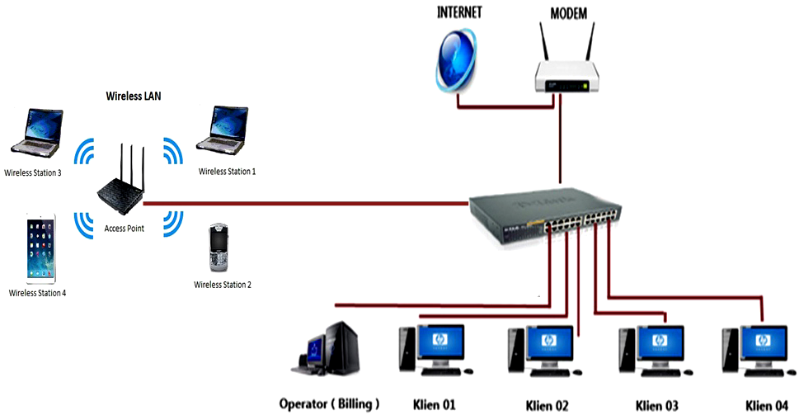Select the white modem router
point(564,79)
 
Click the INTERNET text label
point(459,13)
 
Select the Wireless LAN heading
point(134,96)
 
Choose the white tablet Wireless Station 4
point(39,248)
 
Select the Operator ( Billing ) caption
point(329,403)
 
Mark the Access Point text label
point(125,229)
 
